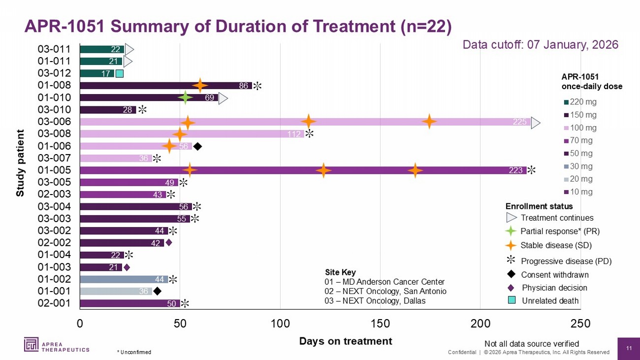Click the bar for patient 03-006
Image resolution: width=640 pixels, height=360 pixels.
click(305, 122)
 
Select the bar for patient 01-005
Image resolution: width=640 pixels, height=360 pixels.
click(303, 170)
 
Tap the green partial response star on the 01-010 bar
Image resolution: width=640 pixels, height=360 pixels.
click(185, 98)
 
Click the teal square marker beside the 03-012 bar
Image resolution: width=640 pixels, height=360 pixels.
click(120, 74)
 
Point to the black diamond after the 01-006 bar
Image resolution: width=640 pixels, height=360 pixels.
click(197, 147)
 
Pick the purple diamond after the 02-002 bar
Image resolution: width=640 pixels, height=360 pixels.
click(169, 243)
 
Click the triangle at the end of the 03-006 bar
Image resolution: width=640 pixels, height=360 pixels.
click(536, 123)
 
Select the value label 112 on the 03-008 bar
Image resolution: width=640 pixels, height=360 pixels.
click(294, 134)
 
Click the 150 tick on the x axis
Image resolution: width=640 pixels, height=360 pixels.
click(380, 324)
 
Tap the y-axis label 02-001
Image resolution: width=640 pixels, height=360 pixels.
click(54, 303)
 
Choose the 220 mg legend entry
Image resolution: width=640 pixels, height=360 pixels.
click(580, 102)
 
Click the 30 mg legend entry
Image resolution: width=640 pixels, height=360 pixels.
click(578, 166)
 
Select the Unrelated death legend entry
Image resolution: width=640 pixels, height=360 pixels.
click(544, 300)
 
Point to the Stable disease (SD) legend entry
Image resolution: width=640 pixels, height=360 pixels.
click(548, 245)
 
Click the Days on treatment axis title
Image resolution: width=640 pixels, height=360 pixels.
click(346, 341)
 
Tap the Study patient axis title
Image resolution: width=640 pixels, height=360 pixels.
click(20, 163)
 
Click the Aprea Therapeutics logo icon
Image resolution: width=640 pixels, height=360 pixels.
click(31, 344)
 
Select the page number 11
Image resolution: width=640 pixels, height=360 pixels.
click(629, 348)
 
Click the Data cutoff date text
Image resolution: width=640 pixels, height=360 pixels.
click(541, 45)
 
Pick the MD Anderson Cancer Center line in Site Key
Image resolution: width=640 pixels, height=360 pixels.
click(384, 282)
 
